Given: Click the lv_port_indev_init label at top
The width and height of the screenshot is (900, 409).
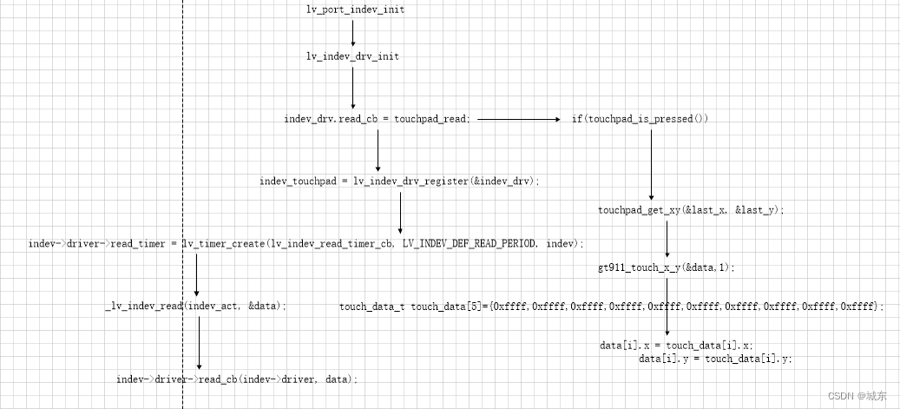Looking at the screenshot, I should point(355,10).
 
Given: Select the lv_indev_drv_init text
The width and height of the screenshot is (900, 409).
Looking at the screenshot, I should point(352,56).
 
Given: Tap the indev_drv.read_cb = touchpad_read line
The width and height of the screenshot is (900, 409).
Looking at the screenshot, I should point(378,118).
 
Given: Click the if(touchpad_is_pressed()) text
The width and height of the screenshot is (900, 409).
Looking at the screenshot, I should point(640,118).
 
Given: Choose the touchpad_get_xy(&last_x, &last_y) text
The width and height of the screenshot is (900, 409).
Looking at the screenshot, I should point(691,210).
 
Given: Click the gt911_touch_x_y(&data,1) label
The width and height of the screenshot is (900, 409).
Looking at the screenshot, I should point(666,267).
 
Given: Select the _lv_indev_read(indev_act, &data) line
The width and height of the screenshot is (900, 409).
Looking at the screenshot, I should point(195,307).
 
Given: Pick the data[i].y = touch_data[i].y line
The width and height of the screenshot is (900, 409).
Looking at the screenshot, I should point(715,358).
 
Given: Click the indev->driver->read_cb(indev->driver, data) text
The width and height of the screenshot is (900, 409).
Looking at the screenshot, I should point(237,379).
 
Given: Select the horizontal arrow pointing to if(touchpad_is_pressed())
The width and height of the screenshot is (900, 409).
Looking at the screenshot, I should point(519,119).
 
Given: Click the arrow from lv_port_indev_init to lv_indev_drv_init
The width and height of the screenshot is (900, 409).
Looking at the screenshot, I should point(353,33).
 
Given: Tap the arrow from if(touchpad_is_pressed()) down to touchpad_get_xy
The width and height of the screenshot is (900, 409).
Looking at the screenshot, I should point(651,165).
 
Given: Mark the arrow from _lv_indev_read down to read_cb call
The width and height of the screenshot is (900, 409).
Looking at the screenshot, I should point(199,342).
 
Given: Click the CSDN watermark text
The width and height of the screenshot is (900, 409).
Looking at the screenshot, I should point(857,396).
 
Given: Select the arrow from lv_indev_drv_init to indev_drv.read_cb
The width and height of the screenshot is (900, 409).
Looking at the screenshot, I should point(353,87).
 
